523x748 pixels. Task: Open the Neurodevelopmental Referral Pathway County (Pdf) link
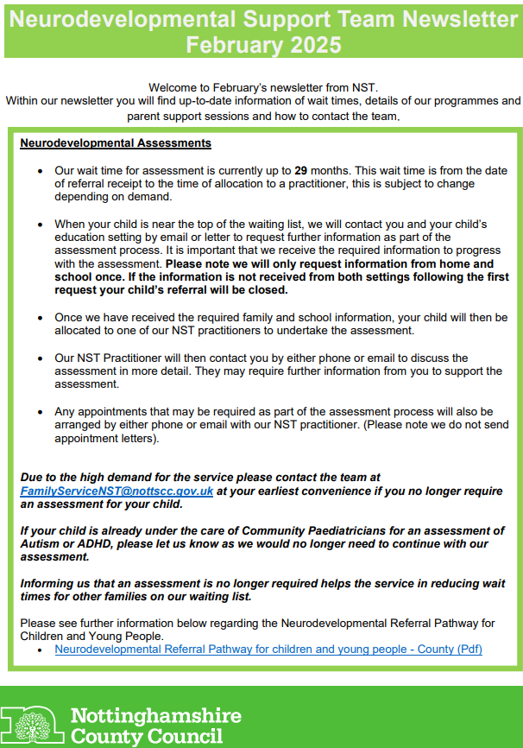(268, 649)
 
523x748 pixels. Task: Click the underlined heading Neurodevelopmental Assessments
(116, 143)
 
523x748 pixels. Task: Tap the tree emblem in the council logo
(32, 724)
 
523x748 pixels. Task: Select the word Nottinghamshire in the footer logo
(155, 715)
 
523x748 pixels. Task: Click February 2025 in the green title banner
(261, 44)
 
